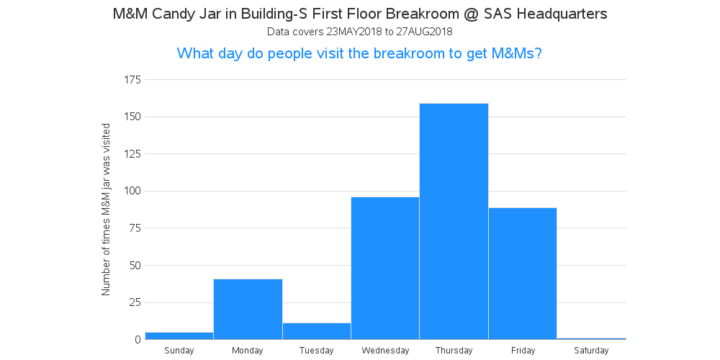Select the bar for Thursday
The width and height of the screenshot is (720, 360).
click(454, 221)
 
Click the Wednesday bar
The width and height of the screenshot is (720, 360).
click(385, 268)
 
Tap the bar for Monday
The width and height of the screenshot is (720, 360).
click(248, 309)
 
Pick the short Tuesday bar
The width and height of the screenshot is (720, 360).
click(317, 331)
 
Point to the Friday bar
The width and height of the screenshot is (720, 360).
click(523, 274)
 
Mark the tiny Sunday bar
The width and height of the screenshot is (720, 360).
click(179, 336)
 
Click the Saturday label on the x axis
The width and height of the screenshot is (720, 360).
click(591, 351)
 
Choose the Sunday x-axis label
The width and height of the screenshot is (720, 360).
click(179, 351)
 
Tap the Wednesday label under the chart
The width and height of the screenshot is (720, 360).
click(385, 351)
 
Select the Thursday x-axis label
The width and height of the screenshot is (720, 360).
click(454, 351)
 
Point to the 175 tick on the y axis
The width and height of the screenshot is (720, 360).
click(132, 80)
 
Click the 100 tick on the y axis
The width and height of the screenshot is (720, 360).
click(132, 191)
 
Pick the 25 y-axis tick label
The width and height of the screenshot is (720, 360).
click(135, 302)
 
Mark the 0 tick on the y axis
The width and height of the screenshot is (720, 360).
click(138, 340)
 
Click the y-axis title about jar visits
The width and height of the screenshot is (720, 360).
click(106, 210)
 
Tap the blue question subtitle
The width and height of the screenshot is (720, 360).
click(359, 53)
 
